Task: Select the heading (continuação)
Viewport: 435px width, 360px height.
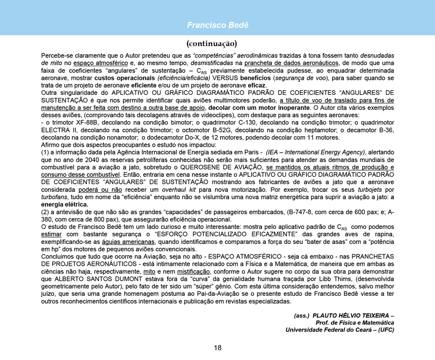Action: point(218,42)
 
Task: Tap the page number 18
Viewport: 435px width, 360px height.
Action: point(218,347)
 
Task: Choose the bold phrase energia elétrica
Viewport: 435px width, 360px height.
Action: point(64,205)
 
